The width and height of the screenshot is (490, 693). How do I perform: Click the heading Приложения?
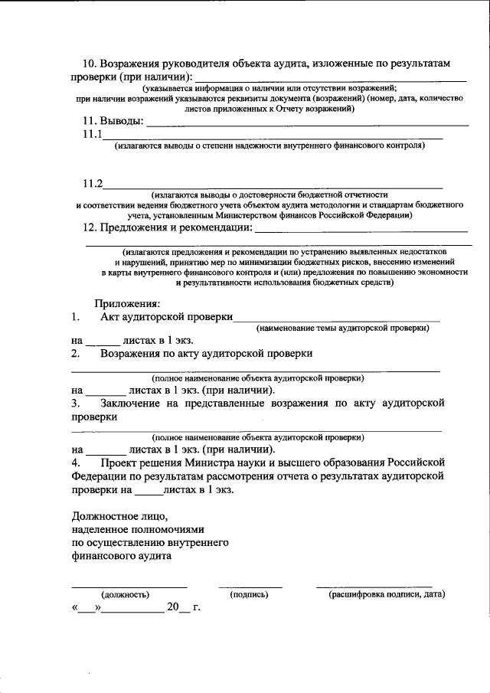pos(127,303)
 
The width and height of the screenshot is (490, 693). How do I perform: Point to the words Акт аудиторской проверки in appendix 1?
pos(166,317)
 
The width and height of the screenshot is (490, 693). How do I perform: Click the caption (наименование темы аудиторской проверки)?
pos(342,328)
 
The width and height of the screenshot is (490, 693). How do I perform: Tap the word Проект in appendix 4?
pos(119,463)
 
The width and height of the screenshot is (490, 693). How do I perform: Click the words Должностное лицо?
pos(119,515)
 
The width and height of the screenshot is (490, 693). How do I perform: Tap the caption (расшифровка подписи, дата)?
pos(387,594)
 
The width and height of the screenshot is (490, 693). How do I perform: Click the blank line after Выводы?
pos(306,123)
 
